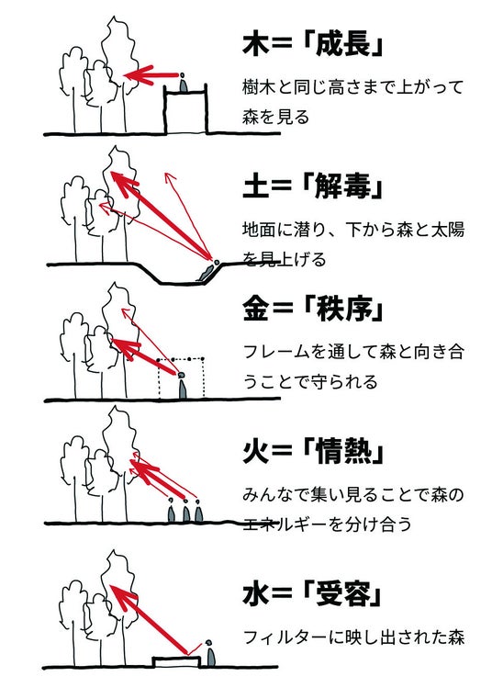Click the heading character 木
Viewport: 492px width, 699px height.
(x=256, y=44)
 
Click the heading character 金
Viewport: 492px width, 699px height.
(x=256, y=309)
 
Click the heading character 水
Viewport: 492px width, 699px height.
(x=256, y=593)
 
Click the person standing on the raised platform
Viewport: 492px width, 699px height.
(x=183, y=83)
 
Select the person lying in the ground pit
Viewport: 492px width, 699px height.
(x=207, y=270)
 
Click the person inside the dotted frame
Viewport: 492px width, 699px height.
(x=182, y=385)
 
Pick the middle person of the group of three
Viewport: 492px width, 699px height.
(x=185, y=511)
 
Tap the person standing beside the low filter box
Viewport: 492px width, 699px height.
(x=209, y=654)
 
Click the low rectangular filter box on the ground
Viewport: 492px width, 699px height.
(x=175, y=661)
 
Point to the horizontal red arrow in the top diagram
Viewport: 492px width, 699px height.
(x=151, y=75)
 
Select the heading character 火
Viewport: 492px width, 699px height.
(x=256, y=451)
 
